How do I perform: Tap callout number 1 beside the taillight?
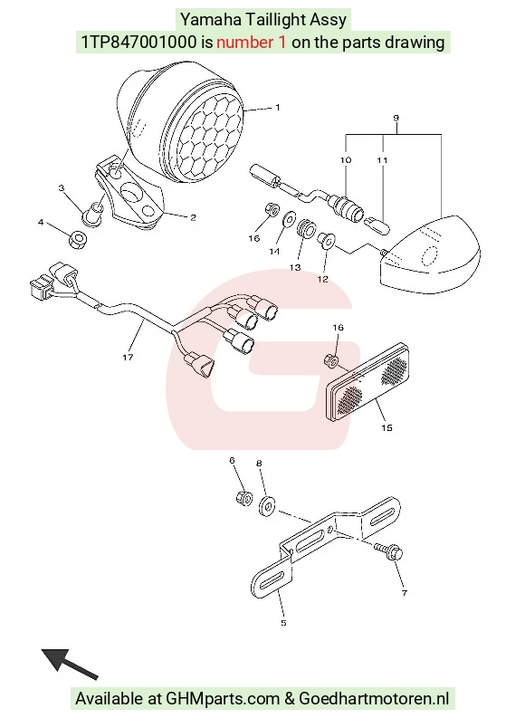click(277, 108)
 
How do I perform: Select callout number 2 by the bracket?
click(193, 217)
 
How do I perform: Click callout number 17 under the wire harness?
click(128, 357)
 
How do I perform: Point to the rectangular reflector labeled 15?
click(367, 382)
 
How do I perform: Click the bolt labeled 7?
click(389, 551)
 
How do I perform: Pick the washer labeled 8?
click(267, 504)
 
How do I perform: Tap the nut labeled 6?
click(244, 497)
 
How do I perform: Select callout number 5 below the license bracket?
click(283, 623)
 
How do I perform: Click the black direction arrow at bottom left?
click(70, 664)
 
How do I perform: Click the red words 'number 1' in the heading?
click(252, 43)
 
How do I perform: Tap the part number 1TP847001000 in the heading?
click(138, 43)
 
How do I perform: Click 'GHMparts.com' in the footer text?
click(223, 699)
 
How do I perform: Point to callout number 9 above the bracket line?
click(396, 118)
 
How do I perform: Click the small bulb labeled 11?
click(377, 225)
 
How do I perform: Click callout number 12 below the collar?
click(322, 279)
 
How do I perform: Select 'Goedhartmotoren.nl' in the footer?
click(374, 699)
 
